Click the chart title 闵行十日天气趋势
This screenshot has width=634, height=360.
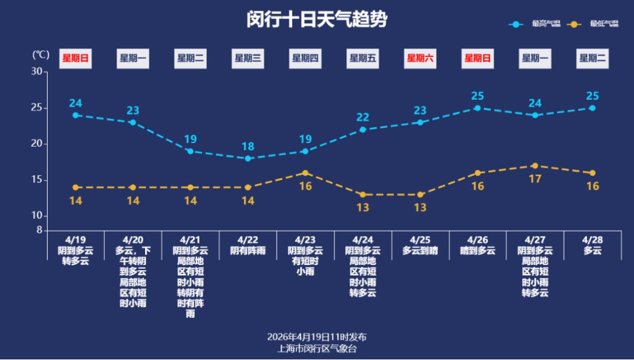317,19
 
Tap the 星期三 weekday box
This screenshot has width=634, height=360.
248,58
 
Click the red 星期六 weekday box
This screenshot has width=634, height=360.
419,58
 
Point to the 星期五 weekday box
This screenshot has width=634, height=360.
362,58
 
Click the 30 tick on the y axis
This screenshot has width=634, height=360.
37,72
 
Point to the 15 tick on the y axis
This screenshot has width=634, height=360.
37,180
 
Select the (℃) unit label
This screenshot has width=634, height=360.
40,55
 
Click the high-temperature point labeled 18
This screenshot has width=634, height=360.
248,159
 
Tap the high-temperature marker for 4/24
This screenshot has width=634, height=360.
362,130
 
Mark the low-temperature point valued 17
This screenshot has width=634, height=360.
535,166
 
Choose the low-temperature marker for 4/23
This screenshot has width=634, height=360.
305,173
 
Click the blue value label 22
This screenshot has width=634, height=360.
362,117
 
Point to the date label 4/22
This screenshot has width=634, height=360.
248,240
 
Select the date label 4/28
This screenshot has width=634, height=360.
592,240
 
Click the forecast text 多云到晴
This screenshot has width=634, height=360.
420,251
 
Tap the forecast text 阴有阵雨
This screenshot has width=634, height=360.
248,251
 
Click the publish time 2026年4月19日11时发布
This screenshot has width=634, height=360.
317,337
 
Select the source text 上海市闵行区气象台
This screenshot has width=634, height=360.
317,349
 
